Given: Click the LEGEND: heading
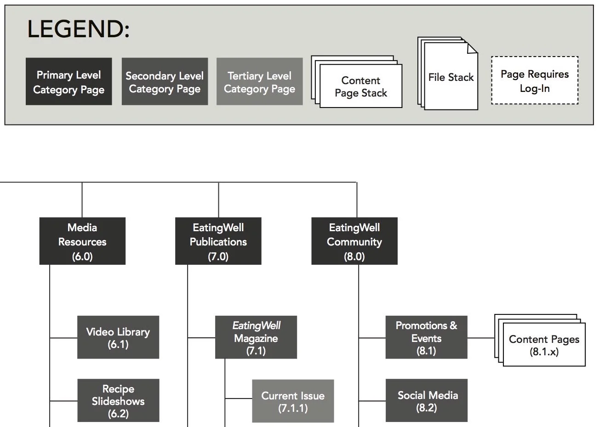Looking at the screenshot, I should pyautogui.click(x=78, y=29).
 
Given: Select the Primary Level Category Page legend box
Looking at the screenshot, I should pyautogui.click(x=68, y=82).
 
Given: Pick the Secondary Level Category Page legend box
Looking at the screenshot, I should pyautogui.click(x=165, y=82).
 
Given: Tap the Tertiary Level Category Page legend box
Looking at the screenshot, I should pyautogui.click(x=259, y=82).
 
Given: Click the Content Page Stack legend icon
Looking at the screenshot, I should pyautogui.click(x=360, y=86).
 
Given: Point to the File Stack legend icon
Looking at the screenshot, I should pyautogui.click(x=450, y=77).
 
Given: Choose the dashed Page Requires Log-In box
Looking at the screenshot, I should pyautogui.click(x=534, y=81).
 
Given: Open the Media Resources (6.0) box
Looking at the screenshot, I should pyautogui.click(x=82, y=241).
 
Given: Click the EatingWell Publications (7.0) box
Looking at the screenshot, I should pyautogui.click(x=218, y=241).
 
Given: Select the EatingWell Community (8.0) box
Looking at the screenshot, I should pyautogui.click(x=354, y=241).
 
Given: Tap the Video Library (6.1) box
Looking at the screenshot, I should pyautogui.click(x=118, y=337).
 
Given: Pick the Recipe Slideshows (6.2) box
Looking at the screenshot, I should pyautogui.click(x=118, y=400).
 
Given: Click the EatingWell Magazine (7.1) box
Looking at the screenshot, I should pyautogui.click(x=256, y=337).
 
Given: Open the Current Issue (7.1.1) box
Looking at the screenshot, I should pyautogui.click(x=293, y=401).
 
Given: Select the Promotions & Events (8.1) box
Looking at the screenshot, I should pyautogui.click(x=426, y=337).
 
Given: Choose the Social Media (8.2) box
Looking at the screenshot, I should pyautogui.click(x=426, y=400).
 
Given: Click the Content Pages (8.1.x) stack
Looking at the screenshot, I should pyautogui.click(x=544, y=345).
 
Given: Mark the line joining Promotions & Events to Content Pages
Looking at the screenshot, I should pyautogui.click(x=481, y=338).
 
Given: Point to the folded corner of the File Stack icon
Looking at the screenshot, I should pyautogui.click(x=472, y=48).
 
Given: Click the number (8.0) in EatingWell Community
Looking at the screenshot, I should pyautogui.click(x=354, y=256).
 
